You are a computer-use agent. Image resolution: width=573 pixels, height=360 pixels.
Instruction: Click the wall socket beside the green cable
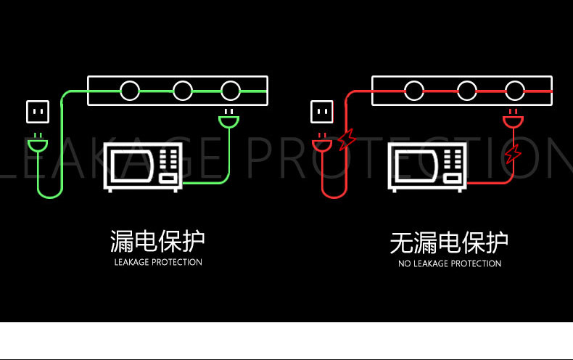click(x=38, y=112)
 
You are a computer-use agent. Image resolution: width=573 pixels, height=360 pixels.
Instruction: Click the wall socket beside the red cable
click(x=321, y=112)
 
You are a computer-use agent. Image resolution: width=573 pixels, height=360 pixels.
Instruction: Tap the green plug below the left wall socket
click(x=38, y=143)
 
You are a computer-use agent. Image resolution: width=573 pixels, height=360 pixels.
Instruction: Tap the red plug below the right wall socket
click(x=322, y=143)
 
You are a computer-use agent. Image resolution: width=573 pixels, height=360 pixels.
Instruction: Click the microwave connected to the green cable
click(x=143, y=167)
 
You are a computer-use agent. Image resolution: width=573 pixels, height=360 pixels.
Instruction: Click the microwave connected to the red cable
click(x=426, y=167)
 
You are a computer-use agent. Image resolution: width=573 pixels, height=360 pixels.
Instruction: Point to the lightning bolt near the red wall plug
click(x=347, y=139)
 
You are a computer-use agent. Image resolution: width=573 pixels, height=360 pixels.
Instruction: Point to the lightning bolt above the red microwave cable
click(x=513, y=154)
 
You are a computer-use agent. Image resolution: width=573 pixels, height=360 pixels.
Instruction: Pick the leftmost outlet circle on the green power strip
click(x=130, y=91)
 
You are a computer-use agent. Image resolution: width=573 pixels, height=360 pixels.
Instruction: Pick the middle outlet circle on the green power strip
click(x=182, y=91)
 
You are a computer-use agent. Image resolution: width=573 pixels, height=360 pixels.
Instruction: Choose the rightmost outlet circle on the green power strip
click(x=231, y=91)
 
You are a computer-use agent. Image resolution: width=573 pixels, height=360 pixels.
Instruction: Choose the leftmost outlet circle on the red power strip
click(x=414, y=91)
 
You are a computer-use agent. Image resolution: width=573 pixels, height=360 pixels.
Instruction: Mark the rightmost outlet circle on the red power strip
click(x=515, y=91)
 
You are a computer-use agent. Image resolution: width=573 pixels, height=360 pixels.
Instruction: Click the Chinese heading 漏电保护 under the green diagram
click(x=157, y=241)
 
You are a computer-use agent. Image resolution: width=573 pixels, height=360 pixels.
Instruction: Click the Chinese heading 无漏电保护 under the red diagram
click(x=449, y=242)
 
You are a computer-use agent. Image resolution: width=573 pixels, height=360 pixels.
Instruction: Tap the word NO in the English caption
click(x=405, y=263)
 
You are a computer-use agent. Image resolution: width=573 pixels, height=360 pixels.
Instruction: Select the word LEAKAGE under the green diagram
click(x=131, y=262)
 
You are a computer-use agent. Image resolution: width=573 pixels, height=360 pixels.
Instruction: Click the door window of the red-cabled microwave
click(x=416, y=166)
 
